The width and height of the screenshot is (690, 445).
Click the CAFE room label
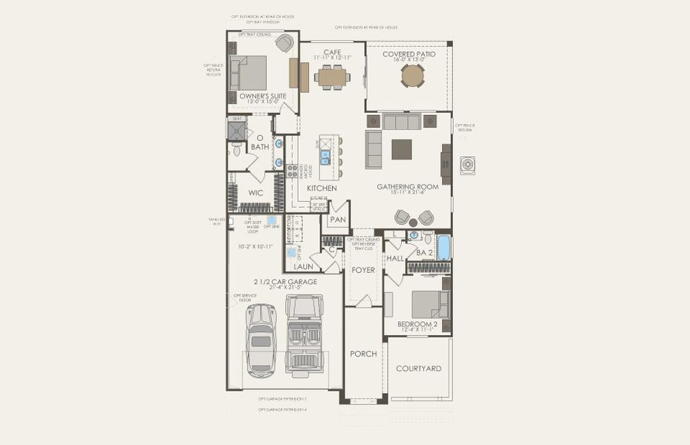332,52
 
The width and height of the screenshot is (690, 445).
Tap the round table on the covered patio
412,76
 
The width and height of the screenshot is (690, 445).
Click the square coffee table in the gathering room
402,149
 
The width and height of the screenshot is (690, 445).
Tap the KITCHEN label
322,189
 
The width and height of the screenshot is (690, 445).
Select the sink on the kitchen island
325,156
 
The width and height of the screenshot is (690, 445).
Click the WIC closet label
256,193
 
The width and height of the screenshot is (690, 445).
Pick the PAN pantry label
338,220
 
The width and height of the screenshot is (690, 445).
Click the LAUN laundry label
302,266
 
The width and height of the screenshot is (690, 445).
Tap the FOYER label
363,270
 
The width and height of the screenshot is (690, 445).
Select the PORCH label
363,354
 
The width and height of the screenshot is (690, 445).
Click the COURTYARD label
419,369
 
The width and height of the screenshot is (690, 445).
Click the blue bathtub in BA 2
443,247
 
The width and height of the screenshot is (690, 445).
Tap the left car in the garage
261,339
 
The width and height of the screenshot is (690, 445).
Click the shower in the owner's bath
236,131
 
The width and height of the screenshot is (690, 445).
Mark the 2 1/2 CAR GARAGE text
285,282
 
